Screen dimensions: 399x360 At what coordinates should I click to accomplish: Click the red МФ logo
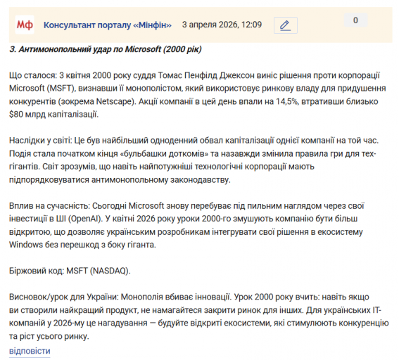[x=25, y=25]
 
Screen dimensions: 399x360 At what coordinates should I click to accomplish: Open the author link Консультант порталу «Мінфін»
[x=108, y=25]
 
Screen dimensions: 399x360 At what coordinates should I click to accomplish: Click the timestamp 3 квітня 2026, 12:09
[x=222, y=25]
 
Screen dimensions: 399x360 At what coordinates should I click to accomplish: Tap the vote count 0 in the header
[x=355, y=20]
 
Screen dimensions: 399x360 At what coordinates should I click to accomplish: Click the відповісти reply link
[x=30, y=350]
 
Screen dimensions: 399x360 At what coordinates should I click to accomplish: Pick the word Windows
[x=27, y=244]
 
